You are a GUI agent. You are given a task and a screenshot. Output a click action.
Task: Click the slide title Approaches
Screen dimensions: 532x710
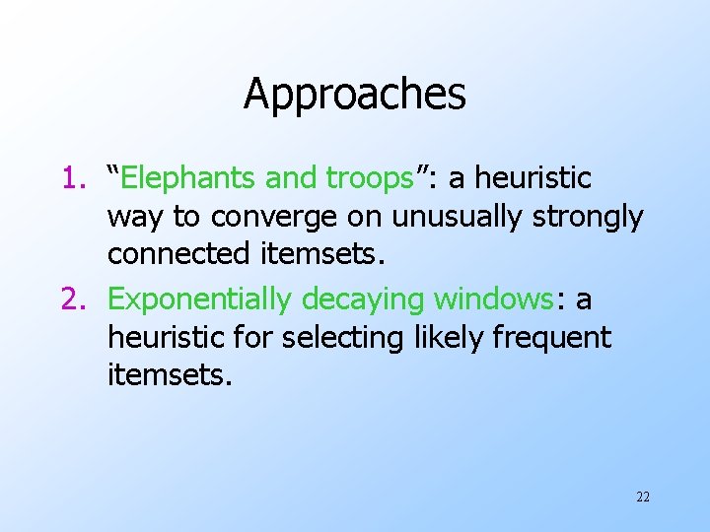(x=354, y=95)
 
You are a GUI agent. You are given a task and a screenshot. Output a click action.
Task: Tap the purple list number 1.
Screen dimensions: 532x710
(x=75, y=178)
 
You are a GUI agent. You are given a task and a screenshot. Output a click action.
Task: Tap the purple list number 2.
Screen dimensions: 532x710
(x=76, y=298)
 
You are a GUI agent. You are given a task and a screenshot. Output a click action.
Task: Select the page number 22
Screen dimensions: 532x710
(x=643, y=497)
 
